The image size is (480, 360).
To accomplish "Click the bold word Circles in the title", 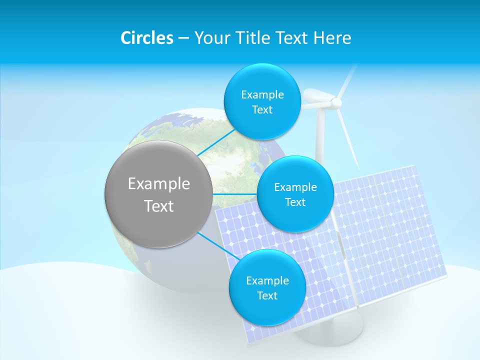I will coord(146,38).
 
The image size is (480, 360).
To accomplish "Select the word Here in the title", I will coord(332,38).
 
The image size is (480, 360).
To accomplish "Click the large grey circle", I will coord(158,194).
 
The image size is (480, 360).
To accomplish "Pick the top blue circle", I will coord(261,101).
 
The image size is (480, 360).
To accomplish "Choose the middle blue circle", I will coord(295,194).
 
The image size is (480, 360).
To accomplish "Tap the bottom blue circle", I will coord(266,287).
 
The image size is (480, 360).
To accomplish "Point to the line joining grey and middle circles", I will coord(234,194).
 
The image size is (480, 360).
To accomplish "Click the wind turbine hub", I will coord(336,103).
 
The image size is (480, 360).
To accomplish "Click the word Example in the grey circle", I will coord(158,184).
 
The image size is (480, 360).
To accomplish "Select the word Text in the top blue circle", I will coord(262,110).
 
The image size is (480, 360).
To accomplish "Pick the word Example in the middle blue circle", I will coord(295,187).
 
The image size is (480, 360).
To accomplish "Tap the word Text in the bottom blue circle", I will coord(267,295).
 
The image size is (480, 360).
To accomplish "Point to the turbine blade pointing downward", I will coord(350,140).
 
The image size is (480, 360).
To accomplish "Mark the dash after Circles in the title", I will coord(183,38).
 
